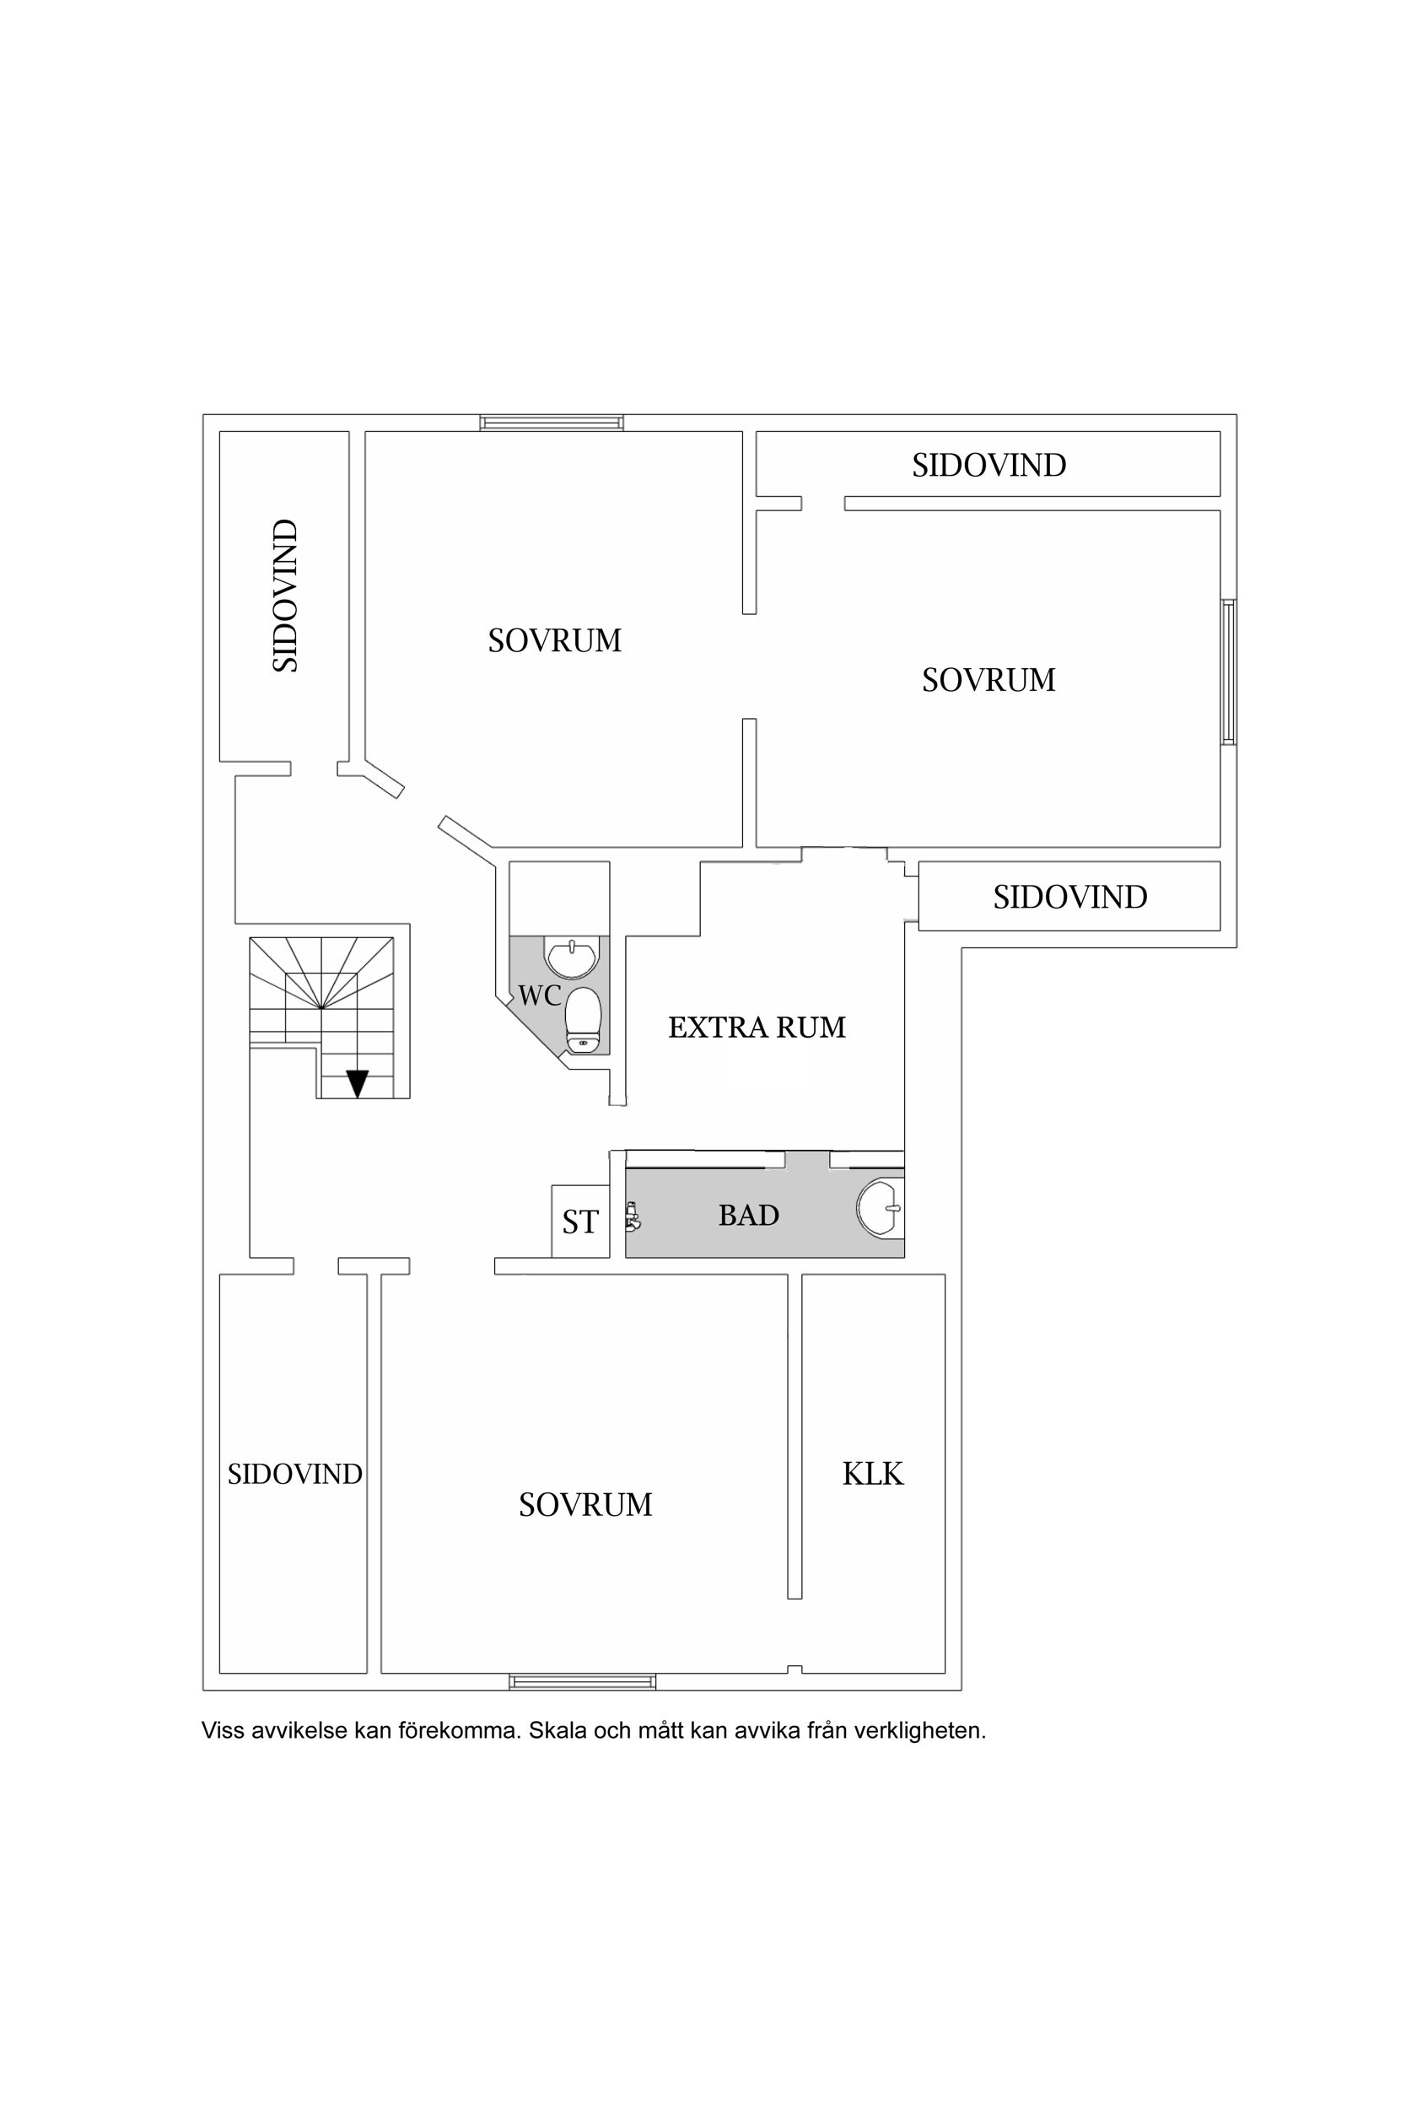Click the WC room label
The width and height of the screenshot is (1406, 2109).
(539, 995)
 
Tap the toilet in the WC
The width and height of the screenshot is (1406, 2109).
(583, 1020)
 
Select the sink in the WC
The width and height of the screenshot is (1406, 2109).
(571, 957)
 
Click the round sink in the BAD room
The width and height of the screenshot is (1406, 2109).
(880, 1209)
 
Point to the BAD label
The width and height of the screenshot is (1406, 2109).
(749, 1216)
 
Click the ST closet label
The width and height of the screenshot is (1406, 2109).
(580, 1222)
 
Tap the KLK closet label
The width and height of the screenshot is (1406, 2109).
(872, 1474)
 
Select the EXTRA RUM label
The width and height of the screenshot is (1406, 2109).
(757, 1028)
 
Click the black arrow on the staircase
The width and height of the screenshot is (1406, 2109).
(358, 1083)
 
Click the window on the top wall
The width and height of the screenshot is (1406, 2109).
(552, 423)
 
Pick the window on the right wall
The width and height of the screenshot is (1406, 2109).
(1228, 672)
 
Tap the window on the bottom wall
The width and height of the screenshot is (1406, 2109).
(582, 1682)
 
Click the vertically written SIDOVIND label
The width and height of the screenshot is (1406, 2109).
(285, 596)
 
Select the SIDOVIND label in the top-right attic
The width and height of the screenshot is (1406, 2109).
(989, 466)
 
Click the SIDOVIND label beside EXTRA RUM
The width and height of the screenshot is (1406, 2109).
(1069, 898)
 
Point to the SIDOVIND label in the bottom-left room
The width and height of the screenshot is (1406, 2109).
(295, 1474)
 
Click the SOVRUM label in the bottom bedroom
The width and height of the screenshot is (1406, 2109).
(585, 1505)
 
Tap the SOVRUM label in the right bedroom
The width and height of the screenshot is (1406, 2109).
(989, 681)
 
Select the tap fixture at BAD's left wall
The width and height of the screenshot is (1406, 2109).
(633, 1216)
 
